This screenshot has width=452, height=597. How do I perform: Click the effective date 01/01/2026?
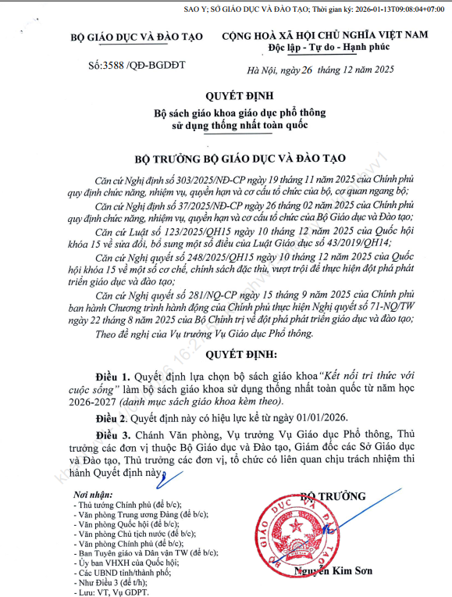(x=315, y=419)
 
